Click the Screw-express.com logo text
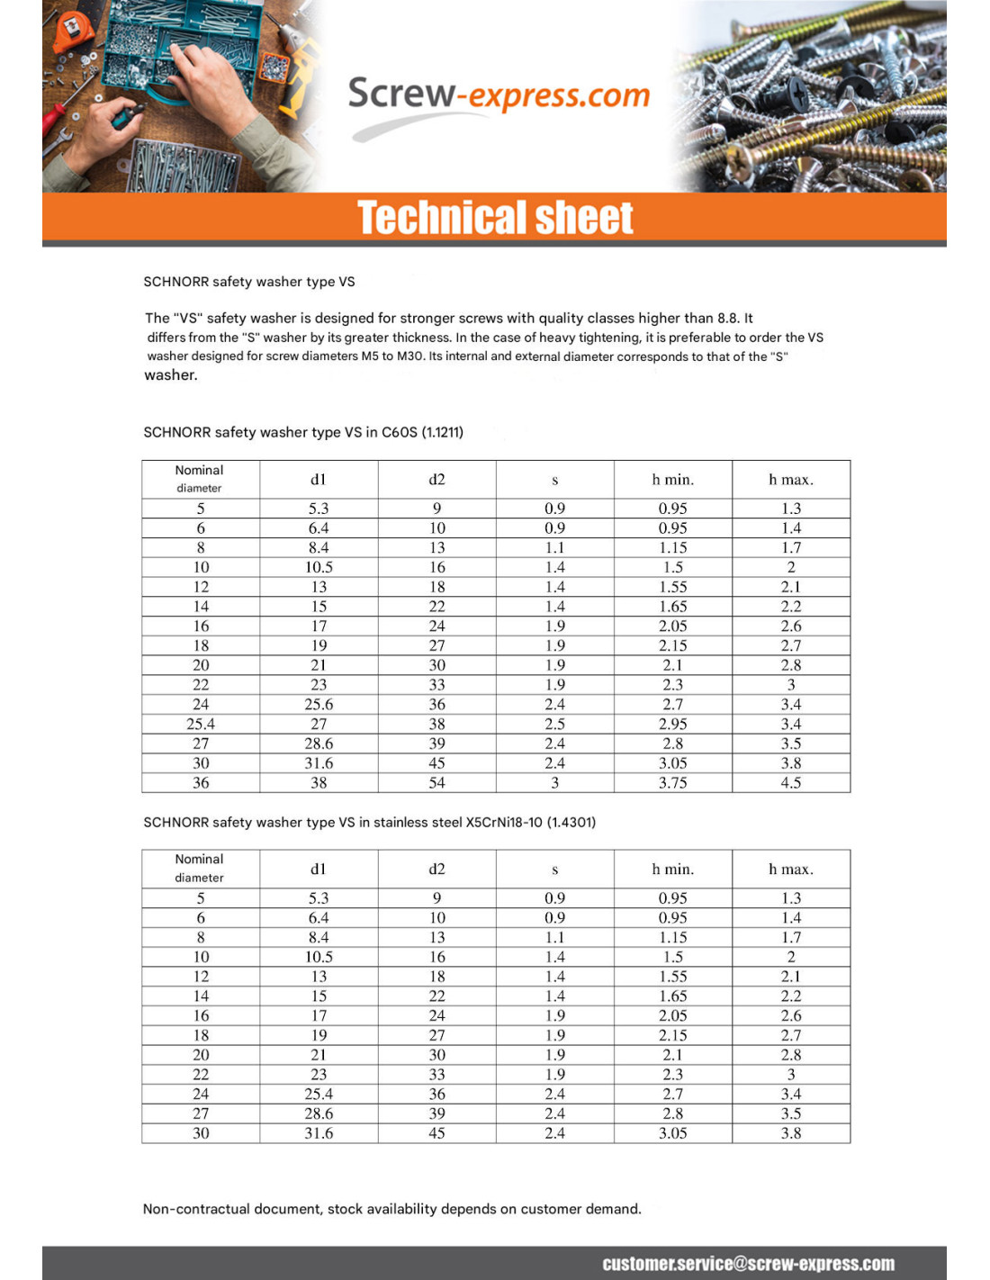(x=499, y=95)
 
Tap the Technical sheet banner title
(x=495, y=218)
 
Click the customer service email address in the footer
(x=748, y=1263)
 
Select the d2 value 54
(x=436, y=783)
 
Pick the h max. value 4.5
(x=790, y=783)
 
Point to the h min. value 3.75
(x=672, y=783)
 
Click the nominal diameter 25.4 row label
(x=201, y=724)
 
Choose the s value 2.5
(x=554, y=724)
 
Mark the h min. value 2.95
(x=672, y=724)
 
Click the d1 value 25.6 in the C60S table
(x=319, y=704)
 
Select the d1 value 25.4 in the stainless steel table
(x=319, y=1094)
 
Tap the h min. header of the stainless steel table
(x=672, y=870)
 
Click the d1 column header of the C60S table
(x=319, y=480)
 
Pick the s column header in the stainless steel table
(x=554, y=870)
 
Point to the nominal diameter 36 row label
(x=201, y=783)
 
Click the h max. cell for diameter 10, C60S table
(x=790, y=567)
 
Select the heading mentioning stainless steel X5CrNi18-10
(x=369, y=822)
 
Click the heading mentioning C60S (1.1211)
(x=303, y=432)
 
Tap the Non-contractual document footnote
(x=391, y=1209)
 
